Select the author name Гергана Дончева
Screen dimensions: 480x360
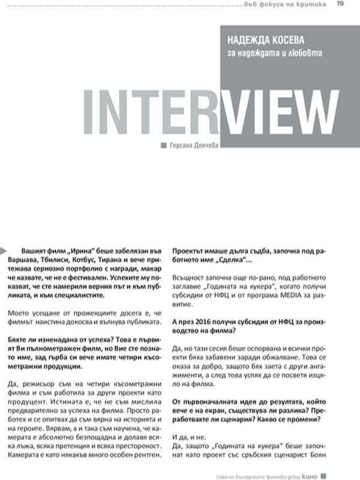point(194,144)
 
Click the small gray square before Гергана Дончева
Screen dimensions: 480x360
point(164,145)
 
